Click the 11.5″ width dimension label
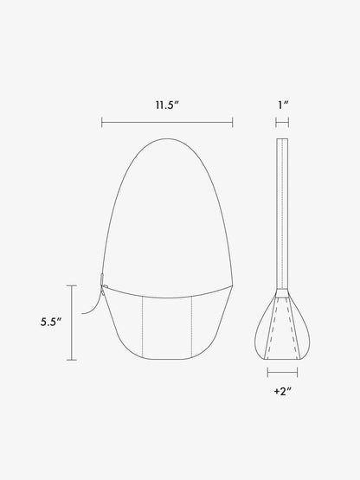click(167, 105)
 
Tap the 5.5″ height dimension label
click(51, 322)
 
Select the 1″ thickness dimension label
click(283, 105)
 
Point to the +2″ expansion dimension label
click(282, 391)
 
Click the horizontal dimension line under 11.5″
click(167, 123)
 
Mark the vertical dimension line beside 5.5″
click(72, 323)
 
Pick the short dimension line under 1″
click(282, 123)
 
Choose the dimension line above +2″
click(282, 373)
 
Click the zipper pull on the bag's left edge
click(102, 278)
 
